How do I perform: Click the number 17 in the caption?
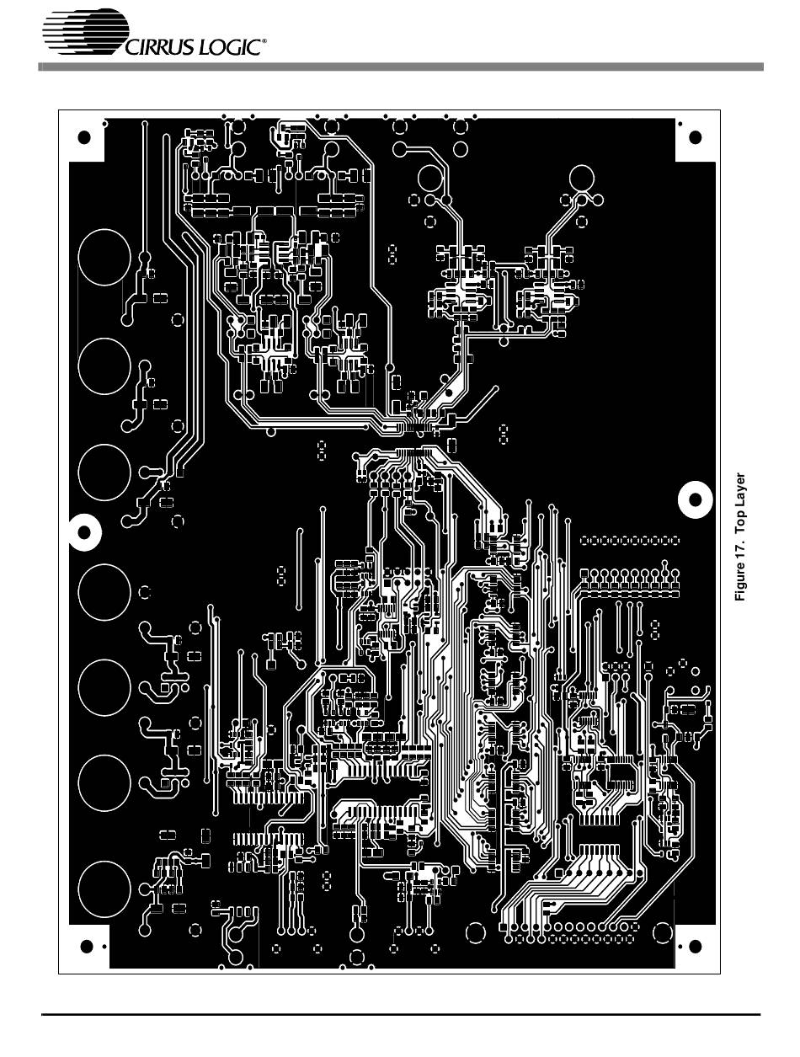pyautogui.click(x=741, y=552)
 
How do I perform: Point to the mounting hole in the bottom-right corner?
pyautogui.click(x=696, y=947)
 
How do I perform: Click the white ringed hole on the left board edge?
pyautogui.click(x=84, y=531)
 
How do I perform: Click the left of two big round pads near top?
pyautogui.click(x=430, y=179)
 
